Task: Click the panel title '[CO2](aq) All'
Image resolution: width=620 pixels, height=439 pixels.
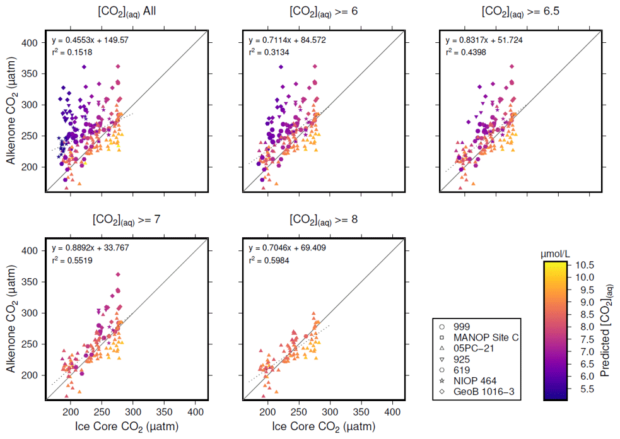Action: point(127,13)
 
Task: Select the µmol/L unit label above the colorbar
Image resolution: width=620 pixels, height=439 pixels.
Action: point(556,254)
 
